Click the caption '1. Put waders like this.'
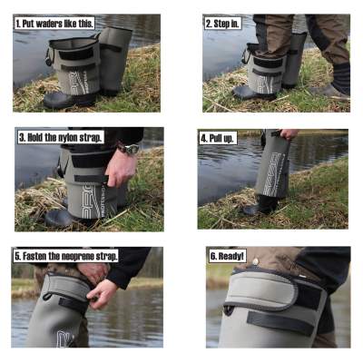(x=54, y=24)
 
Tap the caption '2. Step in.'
(x=223, y=24)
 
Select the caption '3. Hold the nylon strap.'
(x=60, y=138)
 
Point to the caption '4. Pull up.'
(x=218, y=139)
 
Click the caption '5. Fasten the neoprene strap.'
(x=65, y=257)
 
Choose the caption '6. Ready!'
(x=227, y=256)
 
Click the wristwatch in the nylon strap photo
(x=130, y=149)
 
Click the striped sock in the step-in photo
(x=341, y=78)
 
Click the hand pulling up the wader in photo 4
(x=289, y=133)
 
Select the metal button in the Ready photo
(x=256, y=261)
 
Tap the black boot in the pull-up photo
(x=260, y=205)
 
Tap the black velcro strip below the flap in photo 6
(x=280, y=322)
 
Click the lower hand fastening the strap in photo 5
(x=102, y=295)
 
